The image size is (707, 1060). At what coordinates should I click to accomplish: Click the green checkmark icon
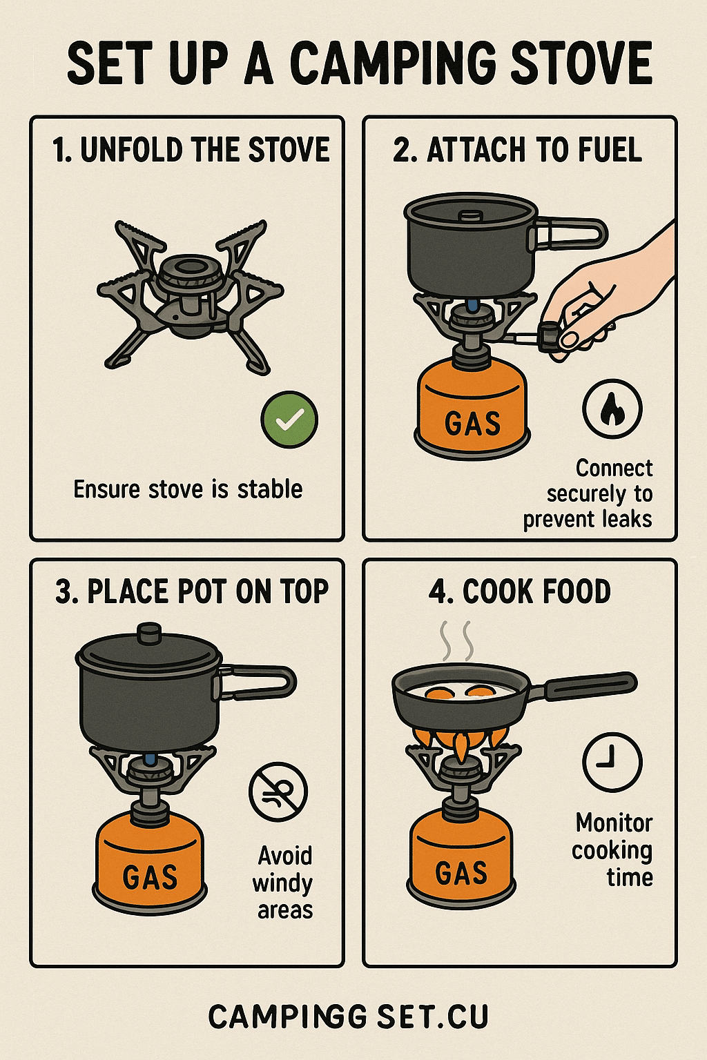pyautogui.click(x=289, y=420)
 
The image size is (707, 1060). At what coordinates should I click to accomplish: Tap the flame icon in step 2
pyautogui.click(x=612, y=409)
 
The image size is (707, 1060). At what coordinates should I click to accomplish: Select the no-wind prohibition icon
pyautogui.click(x=278, y=792)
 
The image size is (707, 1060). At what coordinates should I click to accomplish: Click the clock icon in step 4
pyautogui.click(x=612, y=762)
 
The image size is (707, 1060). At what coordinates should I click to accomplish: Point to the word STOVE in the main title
pyautogui.click(x=583, y=63)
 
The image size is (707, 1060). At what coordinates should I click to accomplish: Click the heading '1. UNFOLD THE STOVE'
pyautogui.click(x=191, y=150)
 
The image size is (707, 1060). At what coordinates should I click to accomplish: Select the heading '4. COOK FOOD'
pyautogui.click(x=519, y=591)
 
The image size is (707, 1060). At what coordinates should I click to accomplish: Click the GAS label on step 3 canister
pyautogui.click(x=150, y=876)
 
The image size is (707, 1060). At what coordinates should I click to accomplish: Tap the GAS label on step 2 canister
pyautogui.click(x=472, y=423)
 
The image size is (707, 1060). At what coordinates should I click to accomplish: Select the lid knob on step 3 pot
pyautogui.click(x=149, y=633)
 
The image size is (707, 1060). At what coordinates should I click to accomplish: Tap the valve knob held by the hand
pyautogui.click(x=550, y=336)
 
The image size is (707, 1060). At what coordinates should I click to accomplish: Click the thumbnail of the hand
pyautogui.click(x=570, y=339)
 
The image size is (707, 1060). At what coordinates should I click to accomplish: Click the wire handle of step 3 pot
pyautogui.click(x=258, y=682)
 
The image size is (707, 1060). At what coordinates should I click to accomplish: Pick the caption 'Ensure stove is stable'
pyautogui.click(x=188, y=489)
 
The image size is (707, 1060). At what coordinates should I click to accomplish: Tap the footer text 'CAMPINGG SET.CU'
pyautogui.click(x=348, y=1017)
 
